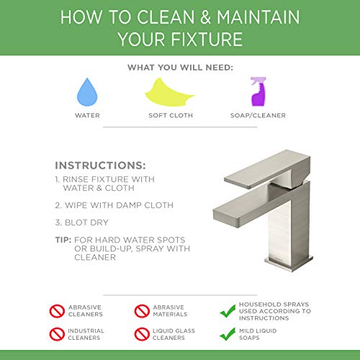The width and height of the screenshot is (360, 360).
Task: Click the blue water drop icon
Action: pos(86,92)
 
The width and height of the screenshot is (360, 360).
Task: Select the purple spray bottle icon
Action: pos(258,91)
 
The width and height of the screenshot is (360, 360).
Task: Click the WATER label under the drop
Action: pos(88,114)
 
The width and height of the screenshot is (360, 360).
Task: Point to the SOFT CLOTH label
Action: pos(171,114)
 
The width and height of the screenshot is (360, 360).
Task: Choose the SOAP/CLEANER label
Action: pos(257,114)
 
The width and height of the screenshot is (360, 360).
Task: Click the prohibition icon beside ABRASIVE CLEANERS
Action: pos(56,311)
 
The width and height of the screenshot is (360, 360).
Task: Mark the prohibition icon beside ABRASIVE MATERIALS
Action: pos(143,311)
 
